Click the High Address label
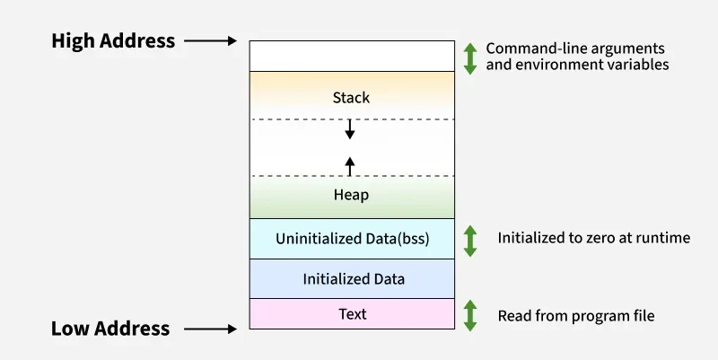point(112,40)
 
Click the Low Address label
point(110,329)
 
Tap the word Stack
point(351,97)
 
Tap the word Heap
point(351,194)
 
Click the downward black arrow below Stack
point(351,130)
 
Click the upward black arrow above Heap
point(351,164)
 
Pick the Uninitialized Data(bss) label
point(352,239)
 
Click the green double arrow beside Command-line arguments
point(470,57)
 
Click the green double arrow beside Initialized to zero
point(470,240)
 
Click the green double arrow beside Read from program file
point(470,315)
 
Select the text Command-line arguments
point(575,48)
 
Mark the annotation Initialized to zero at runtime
point(593,238)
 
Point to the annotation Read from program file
point(576,315)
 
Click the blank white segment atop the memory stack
point(352,56)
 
